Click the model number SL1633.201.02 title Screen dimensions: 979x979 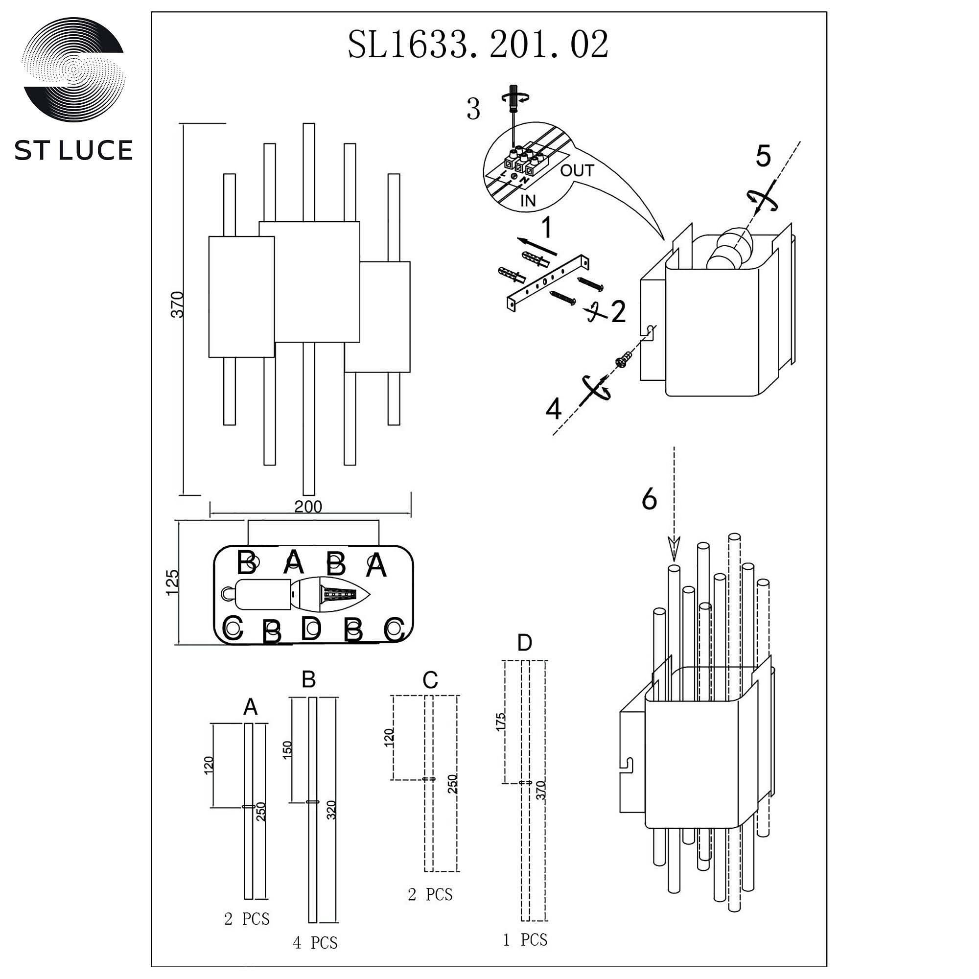point(477,45)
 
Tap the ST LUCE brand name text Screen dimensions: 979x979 point(73,150)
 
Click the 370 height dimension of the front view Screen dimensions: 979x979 point(177,304)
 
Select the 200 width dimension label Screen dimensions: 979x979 point(308,506)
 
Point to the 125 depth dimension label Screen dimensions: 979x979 point(172,582)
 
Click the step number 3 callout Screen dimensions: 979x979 point(473,110)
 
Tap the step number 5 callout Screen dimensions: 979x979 point(763,156)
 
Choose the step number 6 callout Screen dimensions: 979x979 point(649,499)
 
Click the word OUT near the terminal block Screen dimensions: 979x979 point(577,171)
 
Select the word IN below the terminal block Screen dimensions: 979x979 point(528,201)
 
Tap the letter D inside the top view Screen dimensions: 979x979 point(311,628)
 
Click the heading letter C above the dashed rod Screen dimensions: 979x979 point(430,680)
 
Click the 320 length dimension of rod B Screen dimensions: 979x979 point(331,810)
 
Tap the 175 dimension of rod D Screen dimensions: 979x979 point(501,723)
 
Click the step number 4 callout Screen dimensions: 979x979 point(553,409)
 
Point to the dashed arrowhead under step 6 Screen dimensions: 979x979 point(674,549)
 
